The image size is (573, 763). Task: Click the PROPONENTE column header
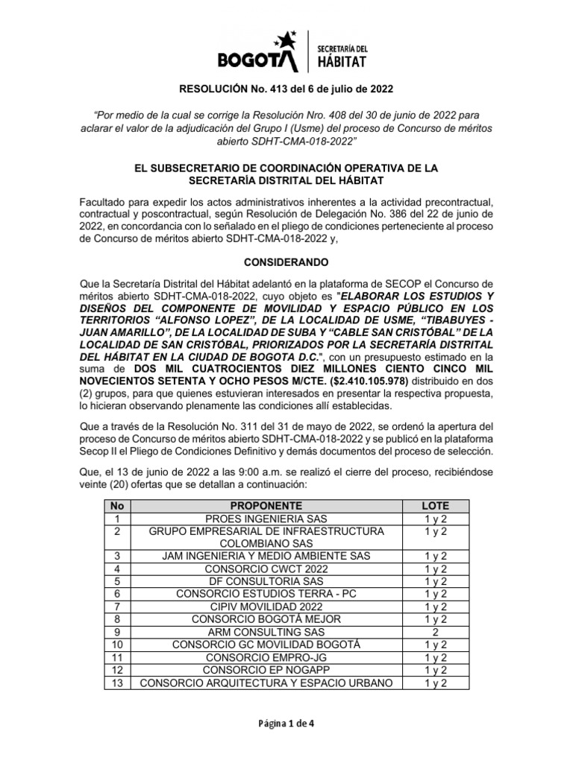click(x=266, y=505)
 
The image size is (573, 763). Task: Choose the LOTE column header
click(x=436, y=505)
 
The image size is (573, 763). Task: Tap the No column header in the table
click(x=116, y=505)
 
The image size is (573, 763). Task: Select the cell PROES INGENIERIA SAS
click(x=266, y=518)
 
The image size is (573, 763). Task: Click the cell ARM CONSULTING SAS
click(x=266, y=631)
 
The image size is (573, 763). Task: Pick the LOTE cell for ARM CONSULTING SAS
click(x=436, y=631)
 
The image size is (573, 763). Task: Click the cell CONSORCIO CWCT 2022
click(x=266, y=569)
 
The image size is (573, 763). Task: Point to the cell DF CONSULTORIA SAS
click(x=266, y=581)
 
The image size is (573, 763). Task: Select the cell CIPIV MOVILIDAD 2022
click(x=266, y=607)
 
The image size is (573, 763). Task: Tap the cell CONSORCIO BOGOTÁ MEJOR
click(x=266, y=618)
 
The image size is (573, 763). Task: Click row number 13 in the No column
click(x=116, y=682)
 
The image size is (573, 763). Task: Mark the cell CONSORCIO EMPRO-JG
click(x=266, y=656)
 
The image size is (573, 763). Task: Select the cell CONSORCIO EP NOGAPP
click(x=266, y=669)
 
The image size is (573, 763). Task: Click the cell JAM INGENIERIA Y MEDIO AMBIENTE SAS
click(x=266, y=556)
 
